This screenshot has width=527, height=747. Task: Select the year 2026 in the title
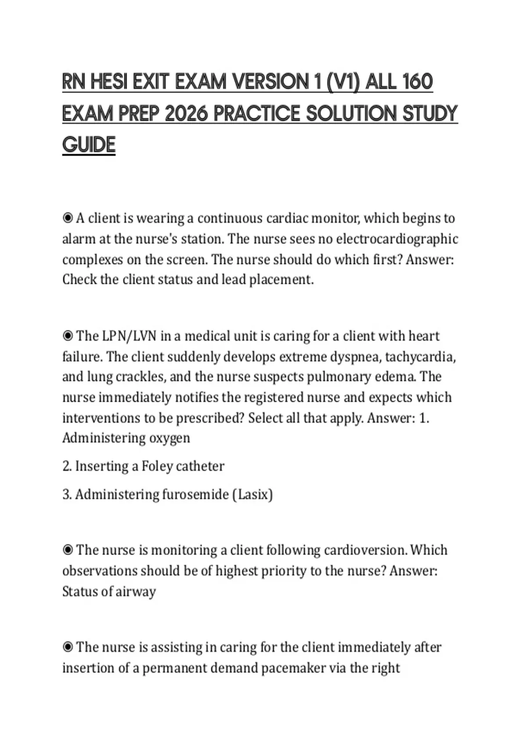186,114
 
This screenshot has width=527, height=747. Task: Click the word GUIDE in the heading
89,145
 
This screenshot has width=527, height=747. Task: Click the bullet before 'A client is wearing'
68,218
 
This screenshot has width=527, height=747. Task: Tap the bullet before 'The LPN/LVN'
68,336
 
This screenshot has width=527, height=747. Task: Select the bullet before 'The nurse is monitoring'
68,550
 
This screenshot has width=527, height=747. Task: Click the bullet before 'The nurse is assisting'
68,647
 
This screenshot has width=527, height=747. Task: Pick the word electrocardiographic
397,239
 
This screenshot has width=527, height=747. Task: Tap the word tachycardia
420,357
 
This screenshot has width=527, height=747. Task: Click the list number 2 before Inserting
67,466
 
